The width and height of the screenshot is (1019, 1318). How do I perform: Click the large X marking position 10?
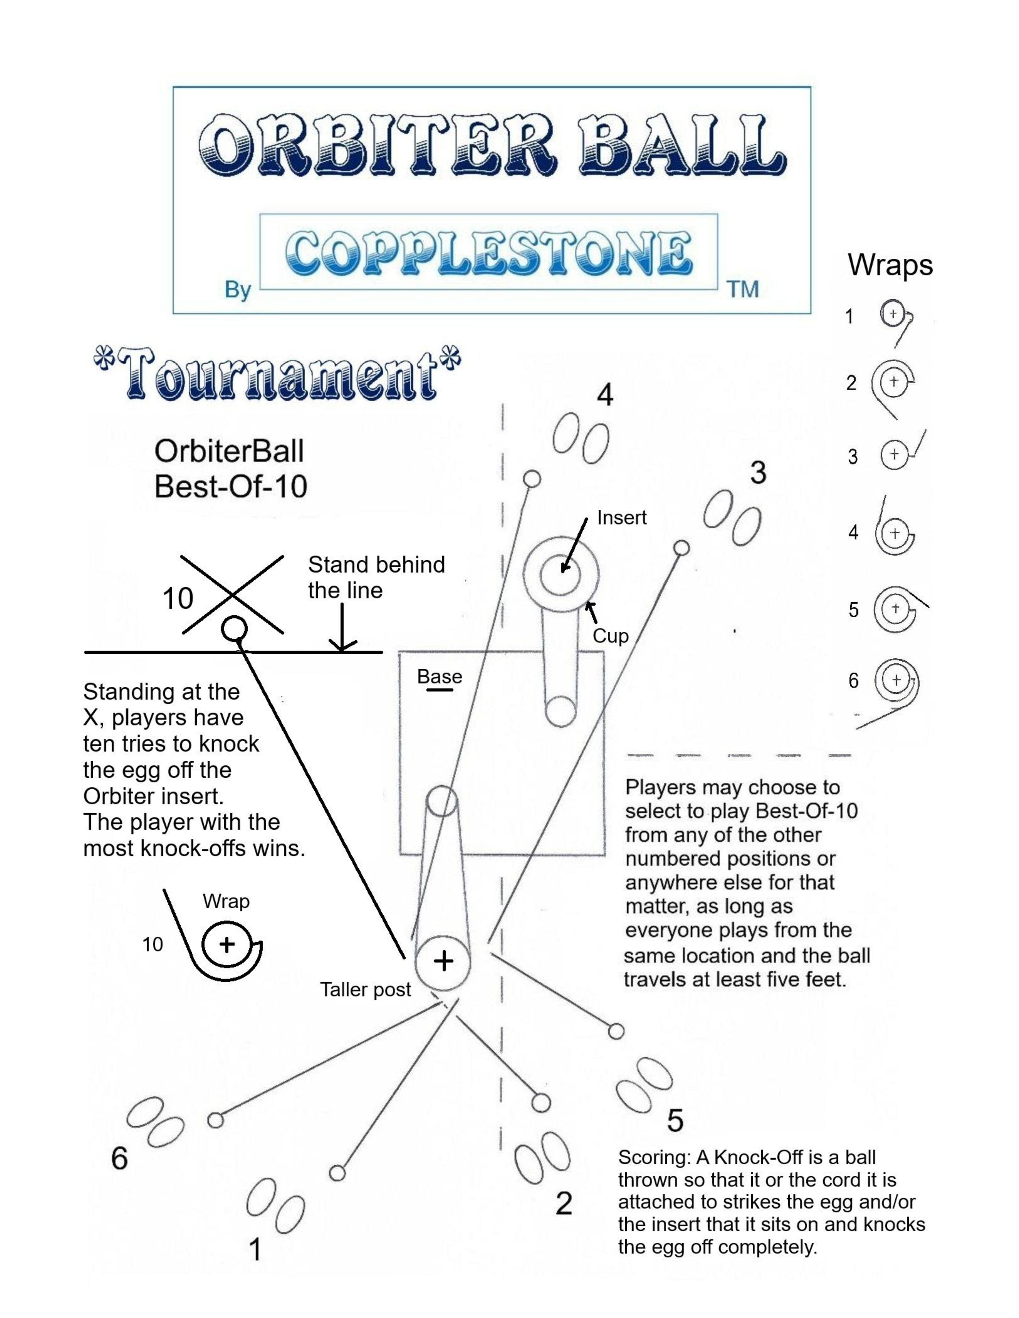(232, 595)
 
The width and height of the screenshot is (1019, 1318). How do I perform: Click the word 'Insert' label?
(621, 518)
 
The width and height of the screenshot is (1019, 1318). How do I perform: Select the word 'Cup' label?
(610, 636)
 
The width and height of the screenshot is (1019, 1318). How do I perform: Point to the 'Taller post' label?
(365, 990)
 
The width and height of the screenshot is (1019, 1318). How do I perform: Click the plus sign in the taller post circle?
(444, 961)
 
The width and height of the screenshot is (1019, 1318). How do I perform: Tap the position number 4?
(605, 396)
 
